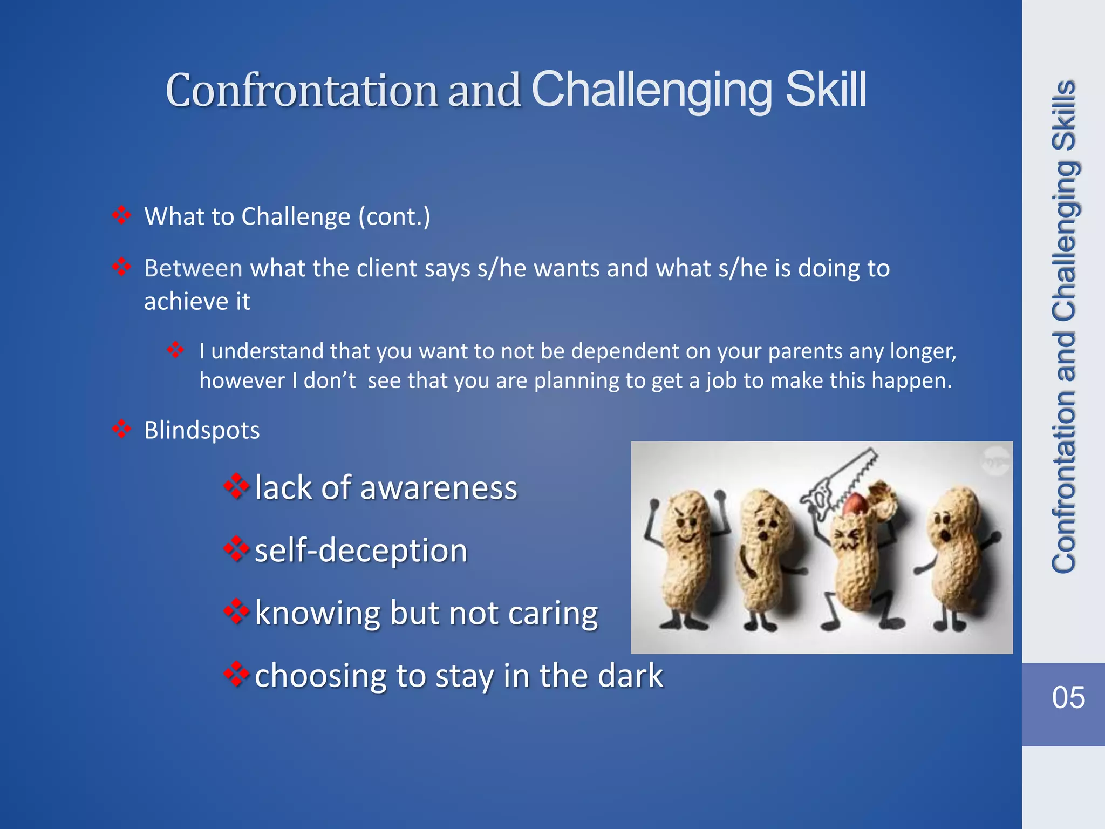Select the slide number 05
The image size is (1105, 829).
1068,697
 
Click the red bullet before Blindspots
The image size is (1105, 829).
122,430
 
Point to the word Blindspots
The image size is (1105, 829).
202,431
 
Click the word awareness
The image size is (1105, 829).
439,488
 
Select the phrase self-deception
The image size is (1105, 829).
360,551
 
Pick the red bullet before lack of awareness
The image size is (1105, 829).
236,487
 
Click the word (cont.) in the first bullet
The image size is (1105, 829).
394,217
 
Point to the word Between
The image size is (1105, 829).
193,268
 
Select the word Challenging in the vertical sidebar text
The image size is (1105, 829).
1064,237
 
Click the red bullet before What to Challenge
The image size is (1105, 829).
122,216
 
